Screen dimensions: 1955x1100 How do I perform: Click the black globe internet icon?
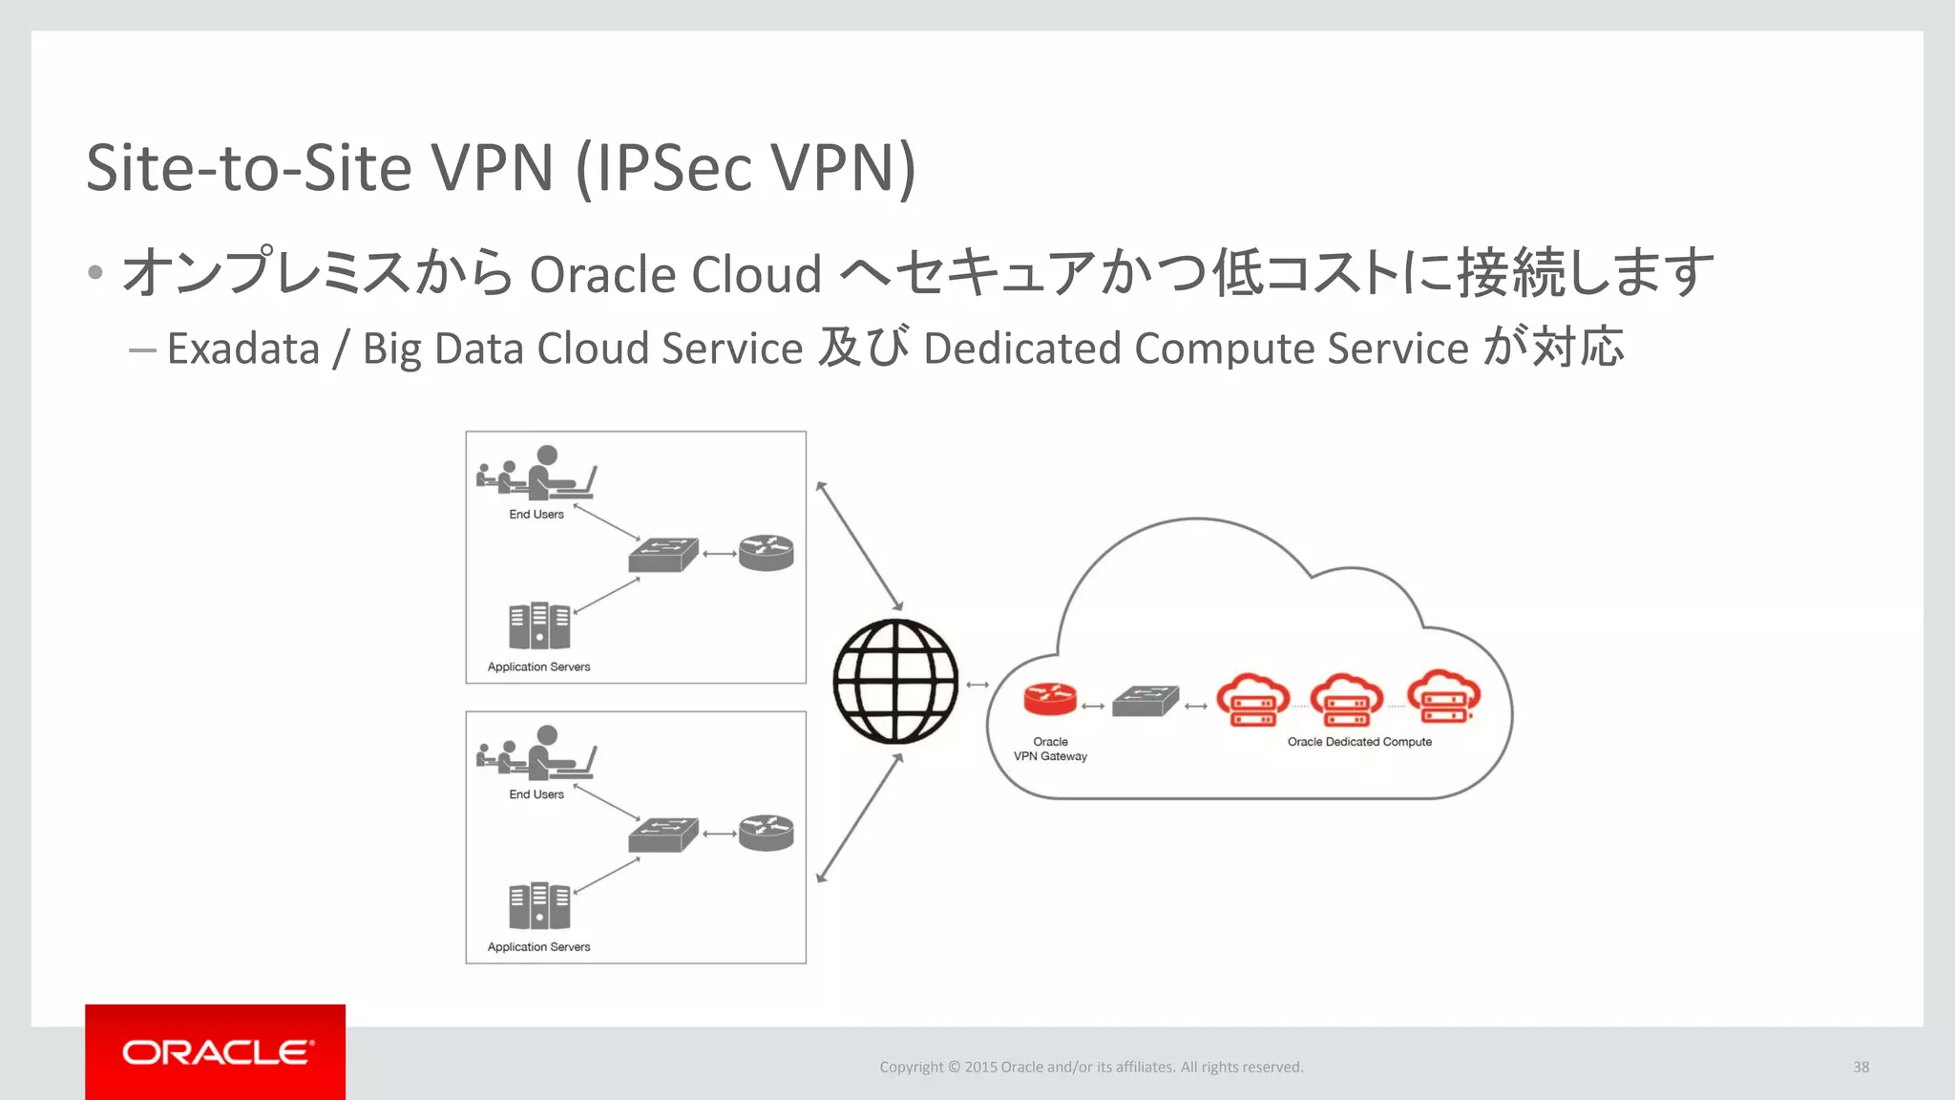click(x=895, y=681)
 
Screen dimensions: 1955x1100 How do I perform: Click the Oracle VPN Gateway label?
click(x=1050, y=749)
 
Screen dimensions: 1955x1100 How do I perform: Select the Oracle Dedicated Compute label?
click(x=1359, y=742)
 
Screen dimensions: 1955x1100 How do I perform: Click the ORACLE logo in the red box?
click(x=216, y=1052)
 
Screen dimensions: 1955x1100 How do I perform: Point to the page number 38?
click(x=1860, y=1067)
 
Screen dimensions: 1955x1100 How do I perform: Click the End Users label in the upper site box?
click(x=536, y=515)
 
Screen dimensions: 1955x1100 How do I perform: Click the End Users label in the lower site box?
click(x=536, y=794)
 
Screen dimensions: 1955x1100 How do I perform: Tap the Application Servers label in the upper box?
click(x=538, y=667)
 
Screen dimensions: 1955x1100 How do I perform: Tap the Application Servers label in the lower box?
click(x=538, y=947)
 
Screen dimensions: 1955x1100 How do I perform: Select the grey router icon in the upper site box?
click(x=767, y=553)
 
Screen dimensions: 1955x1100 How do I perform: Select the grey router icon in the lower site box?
click(x=767, y=833)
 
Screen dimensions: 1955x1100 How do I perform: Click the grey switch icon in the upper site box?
click(x=663, y=554)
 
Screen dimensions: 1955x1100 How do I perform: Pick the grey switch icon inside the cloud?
click(x=1146, y=702)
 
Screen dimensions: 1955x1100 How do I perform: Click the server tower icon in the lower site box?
click(x=539, y=905)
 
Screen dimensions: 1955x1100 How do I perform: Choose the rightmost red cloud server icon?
click(x=1443, y=698)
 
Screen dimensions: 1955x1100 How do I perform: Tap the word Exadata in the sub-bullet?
click(x=243, y=349)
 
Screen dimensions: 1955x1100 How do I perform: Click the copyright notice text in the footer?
click(x=1091, y=1067)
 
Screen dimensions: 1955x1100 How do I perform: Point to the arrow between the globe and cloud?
click(x=977, y=685)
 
